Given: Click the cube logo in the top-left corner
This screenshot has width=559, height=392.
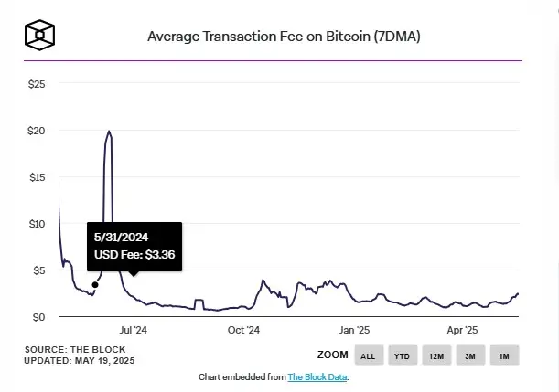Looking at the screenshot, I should tap(42, 36).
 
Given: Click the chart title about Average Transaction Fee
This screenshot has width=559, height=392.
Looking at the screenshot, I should tap(285, 37).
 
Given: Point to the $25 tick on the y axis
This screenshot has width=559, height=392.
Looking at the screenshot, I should tap(37, 84).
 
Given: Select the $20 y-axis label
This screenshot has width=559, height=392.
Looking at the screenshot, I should tap(37, 131).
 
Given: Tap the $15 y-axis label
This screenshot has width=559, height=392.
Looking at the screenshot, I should tap(37, 177).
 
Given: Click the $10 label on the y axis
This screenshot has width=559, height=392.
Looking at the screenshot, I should tap(37, 224).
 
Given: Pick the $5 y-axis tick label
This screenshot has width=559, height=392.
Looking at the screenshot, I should tap(39, 270).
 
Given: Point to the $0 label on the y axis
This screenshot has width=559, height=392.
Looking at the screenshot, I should tap(39, 317).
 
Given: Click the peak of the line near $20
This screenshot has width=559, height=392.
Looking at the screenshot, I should tap(110, 132).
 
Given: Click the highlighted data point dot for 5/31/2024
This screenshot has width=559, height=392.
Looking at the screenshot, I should tap(95, 284).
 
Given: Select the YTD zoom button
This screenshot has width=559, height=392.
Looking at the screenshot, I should tap(402, 355).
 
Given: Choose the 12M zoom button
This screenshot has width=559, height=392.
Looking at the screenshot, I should tap(435, 355).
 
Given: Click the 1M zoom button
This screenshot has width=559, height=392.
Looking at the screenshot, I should tap(503, 355).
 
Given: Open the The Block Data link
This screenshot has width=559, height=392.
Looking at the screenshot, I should tap(317, 376).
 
